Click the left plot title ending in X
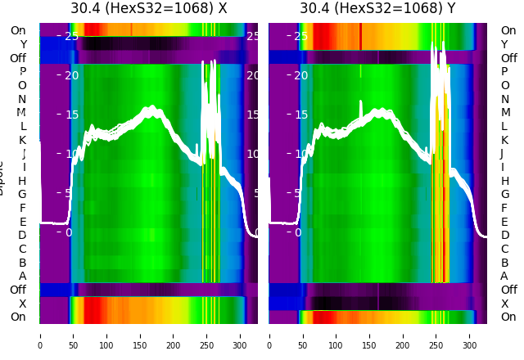[x=148, y=9]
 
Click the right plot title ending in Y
[x=377, y=9]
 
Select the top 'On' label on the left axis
[x=18, y=30]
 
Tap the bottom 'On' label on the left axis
[x=18, y=317]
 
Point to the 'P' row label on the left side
[x=22, y=72]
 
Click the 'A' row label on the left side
[x=22, y=276]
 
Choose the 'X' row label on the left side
[x=22, y=304]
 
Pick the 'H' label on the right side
[x=504, y=181]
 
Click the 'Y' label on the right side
[x=504, y=44]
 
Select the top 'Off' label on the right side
[x=508, y=58]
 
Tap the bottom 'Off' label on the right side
[x=508, y=290]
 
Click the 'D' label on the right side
[x=504, y=235]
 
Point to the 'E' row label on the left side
[x=22, y=222]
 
